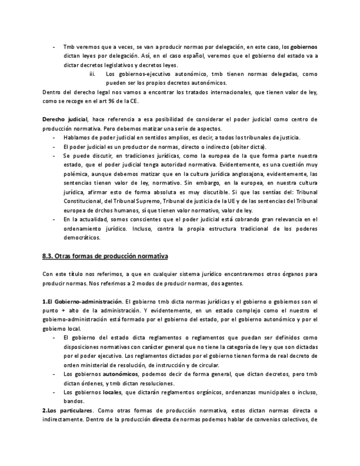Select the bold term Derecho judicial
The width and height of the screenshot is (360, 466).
(x=64, y=119)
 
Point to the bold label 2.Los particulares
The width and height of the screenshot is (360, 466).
(x=68, y=410)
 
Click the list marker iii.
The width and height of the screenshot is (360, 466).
(x=92, y=74)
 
